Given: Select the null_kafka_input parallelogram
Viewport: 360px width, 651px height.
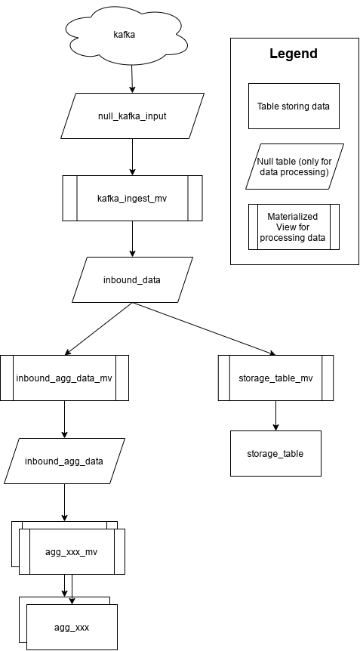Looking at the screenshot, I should (x=132, y=116).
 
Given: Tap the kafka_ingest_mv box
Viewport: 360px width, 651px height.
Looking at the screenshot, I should (x=132, y=198).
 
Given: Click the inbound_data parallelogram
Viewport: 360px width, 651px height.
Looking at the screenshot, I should (x=132, y=279).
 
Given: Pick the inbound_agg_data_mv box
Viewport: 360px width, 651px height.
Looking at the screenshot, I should (x=64, y=378).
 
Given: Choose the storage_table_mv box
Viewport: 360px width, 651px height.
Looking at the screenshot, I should (x=275, y=378).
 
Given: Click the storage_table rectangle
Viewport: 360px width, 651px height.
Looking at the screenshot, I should (x=275, y=453).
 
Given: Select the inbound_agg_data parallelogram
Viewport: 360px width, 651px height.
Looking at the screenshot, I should (x=64, y=461).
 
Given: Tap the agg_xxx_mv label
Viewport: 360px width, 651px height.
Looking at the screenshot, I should (x=72, y=552).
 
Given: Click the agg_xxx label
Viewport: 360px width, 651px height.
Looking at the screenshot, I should (x=72, y=628).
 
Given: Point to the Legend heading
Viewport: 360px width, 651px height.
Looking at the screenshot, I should (x=294, y=54).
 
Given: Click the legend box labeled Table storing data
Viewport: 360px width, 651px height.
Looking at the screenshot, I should (x=294, y=106).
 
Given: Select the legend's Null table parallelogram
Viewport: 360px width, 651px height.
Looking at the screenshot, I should (x=294, y=167).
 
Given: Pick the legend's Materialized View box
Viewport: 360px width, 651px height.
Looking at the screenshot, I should (x=294, y=227).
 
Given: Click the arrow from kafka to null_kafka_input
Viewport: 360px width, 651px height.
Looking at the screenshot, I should (x=132, y=79).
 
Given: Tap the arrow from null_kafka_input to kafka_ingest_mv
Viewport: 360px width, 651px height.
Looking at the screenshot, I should (x=132, y=156).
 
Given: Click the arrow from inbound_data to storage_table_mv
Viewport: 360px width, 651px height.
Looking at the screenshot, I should (x=204, y=329).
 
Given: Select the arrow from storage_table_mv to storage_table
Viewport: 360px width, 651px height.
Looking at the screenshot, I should (x=275, y=415).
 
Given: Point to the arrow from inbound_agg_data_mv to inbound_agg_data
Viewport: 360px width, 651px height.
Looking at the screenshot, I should (x=64, y=419).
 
